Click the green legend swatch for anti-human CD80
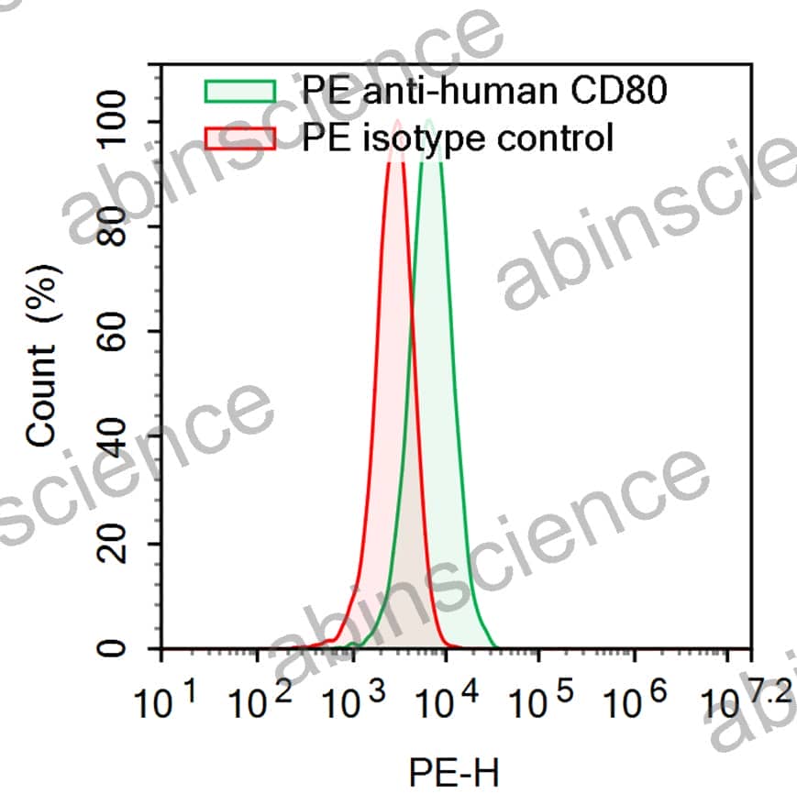(239, 91)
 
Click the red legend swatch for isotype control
(239, 138)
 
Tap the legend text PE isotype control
(457, 138)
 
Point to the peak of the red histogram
(396, 122)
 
